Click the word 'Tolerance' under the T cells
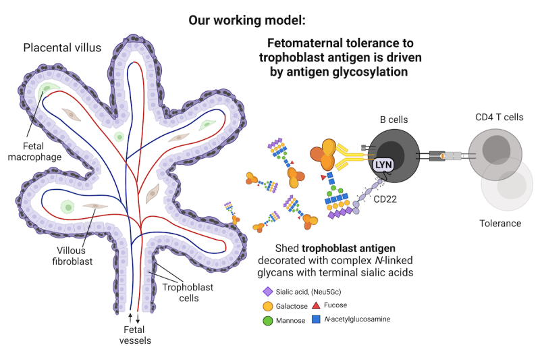[x=500, y=224]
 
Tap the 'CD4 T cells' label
[x=499, y=118]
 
